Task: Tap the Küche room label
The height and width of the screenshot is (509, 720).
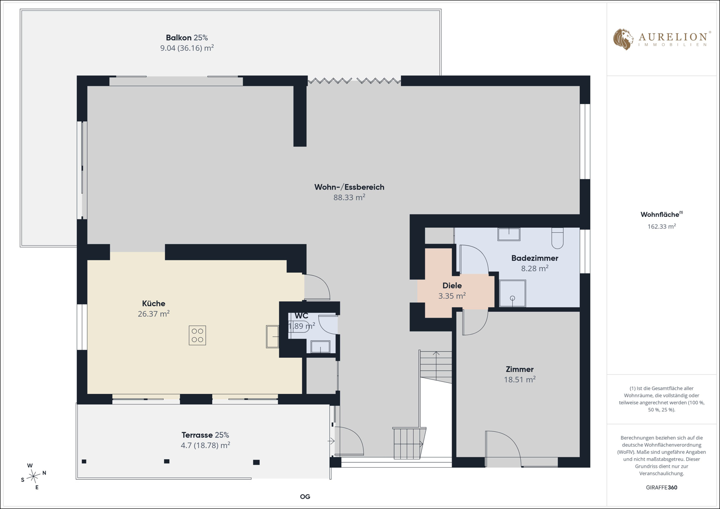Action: [x=154, y=303]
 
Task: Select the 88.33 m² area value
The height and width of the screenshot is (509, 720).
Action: [x=349, y=197]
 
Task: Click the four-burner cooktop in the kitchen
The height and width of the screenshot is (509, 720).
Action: [x=197, y=335]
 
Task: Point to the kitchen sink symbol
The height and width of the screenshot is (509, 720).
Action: [x=272, y=336]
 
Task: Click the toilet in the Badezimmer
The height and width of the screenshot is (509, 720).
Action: [x=557, y=238]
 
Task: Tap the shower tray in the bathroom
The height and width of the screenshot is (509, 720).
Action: [x=512, y=293]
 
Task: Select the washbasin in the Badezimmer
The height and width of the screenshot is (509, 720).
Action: [x=509, y=234]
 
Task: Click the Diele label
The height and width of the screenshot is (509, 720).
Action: [x=452, y=285]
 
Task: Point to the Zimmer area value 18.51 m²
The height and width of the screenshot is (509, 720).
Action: [x=519, y=379]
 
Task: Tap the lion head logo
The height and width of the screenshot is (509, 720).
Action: [x=623, y=39]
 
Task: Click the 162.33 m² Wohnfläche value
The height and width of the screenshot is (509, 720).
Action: [x=661, y=226]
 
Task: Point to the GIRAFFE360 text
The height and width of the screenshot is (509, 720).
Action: [x=661, y=487]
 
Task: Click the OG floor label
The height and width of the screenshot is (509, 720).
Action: [x=305, y=497]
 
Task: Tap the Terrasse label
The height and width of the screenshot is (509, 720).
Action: [x=205, y=435]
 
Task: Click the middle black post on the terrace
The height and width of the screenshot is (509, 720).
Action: [x=167, y=461]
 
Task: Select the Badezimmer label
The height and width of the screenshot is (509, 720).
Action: [x=535, y=258]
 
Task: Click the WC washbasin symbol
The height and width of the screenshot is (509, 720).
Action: [x=321, y=346]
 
